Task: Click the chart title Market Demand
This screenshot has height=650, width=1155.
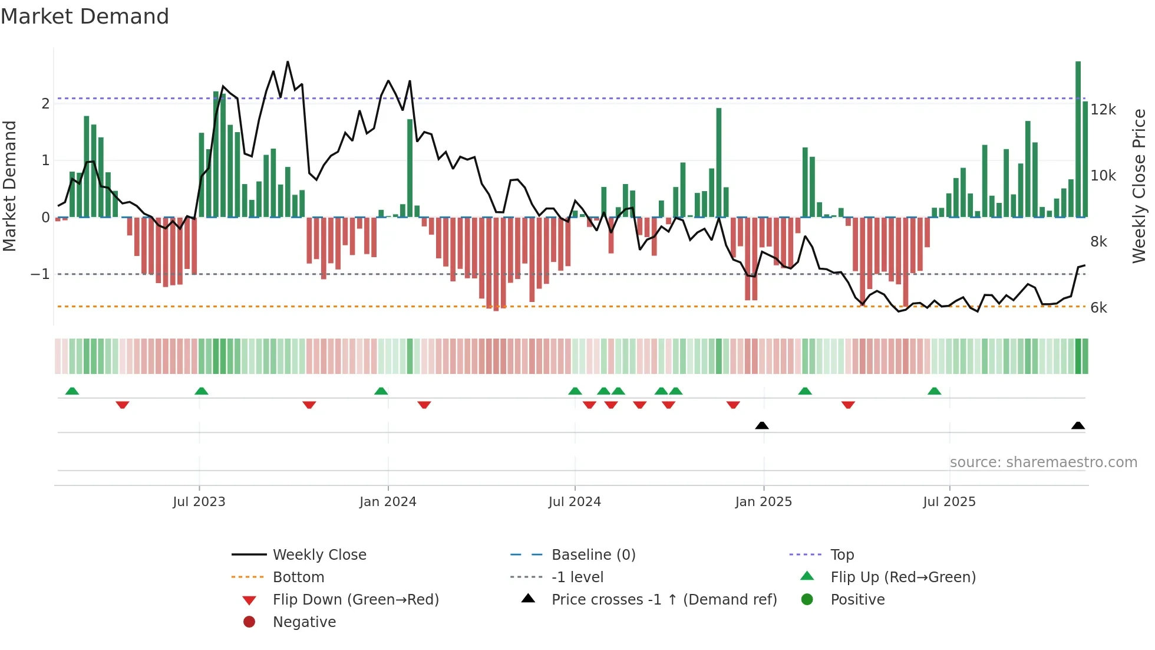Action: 85,17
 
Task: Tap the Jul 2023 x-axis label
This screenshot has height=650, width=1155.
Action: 199,502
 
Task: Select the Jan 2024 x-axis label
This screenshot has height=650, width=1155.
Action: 388,502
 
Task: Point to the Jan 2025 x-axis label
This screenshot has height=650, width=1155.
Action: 763,502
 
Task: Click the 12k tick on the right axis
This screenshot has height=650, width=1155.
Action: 1103,110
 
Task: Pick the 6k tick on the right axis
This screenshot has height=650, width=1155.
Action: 1098,308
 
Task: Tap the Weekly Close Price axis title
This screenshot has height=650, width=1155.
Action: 1138,186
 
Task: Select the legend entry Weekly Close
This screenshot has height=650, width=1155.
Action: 319,555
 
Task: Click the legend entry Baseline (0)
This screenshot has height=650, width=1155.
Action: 593,555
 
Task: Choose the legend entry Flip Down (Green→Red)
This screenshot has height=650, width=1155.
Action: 355,600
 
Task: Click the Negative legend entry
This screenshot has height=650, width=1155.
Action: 304,622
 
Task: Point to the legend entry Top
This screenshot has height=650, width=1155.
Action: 841,555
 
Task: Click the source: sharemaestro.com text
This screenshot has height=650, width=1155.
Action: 1043,462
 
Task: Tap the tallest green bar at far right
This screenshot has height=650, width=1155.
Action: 1078,139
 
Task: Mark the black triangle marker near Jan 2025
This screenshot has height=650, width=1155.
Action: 762,425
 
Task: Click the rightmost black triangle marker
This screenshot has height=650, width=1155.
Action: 1078,425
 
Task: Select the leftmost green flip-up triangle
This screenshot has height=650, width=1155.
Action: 72,391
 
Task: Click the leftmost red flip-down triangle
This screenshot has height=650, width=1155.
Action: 123,405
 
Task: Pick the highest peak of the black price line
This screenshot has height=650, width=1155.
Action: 288,62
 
